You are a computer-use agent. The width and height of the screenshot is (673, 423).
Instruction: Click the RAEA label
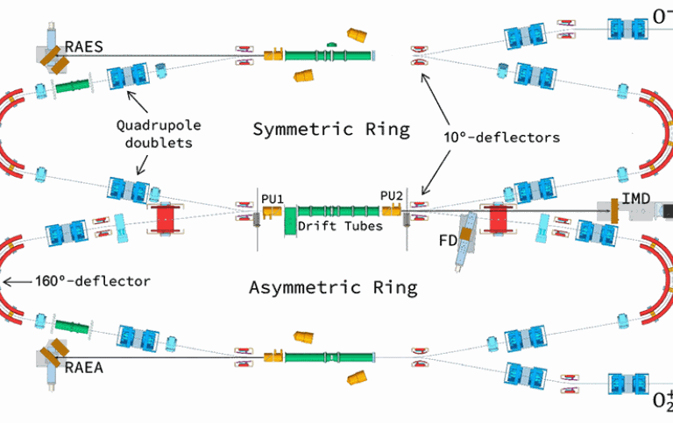coord(85,369)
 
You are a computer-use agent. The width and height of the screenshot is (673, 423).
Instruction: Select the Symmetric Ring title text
coord(330,130)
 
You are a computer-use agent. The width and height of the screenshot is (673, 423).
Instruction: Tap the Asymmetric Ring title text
coord(333,287)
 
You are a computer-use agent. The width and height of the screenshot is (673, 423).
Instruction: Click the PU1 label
coord(273,198)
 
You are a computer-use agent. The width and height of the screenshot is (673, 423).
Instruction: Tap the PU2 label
coord(390,196)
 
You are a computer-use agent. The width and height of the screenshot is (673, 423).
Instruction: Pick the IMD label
coord(636,199)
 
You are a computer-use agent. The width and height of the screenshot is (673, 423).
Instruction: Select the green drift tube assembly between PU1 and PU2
coord(337,211)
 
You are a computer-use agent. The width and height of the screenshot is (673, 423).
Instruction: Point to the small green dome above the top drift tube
coord(331,43)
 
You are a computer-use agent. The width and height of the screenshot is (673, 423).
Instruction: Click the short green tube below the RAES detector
coord(74,86)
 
